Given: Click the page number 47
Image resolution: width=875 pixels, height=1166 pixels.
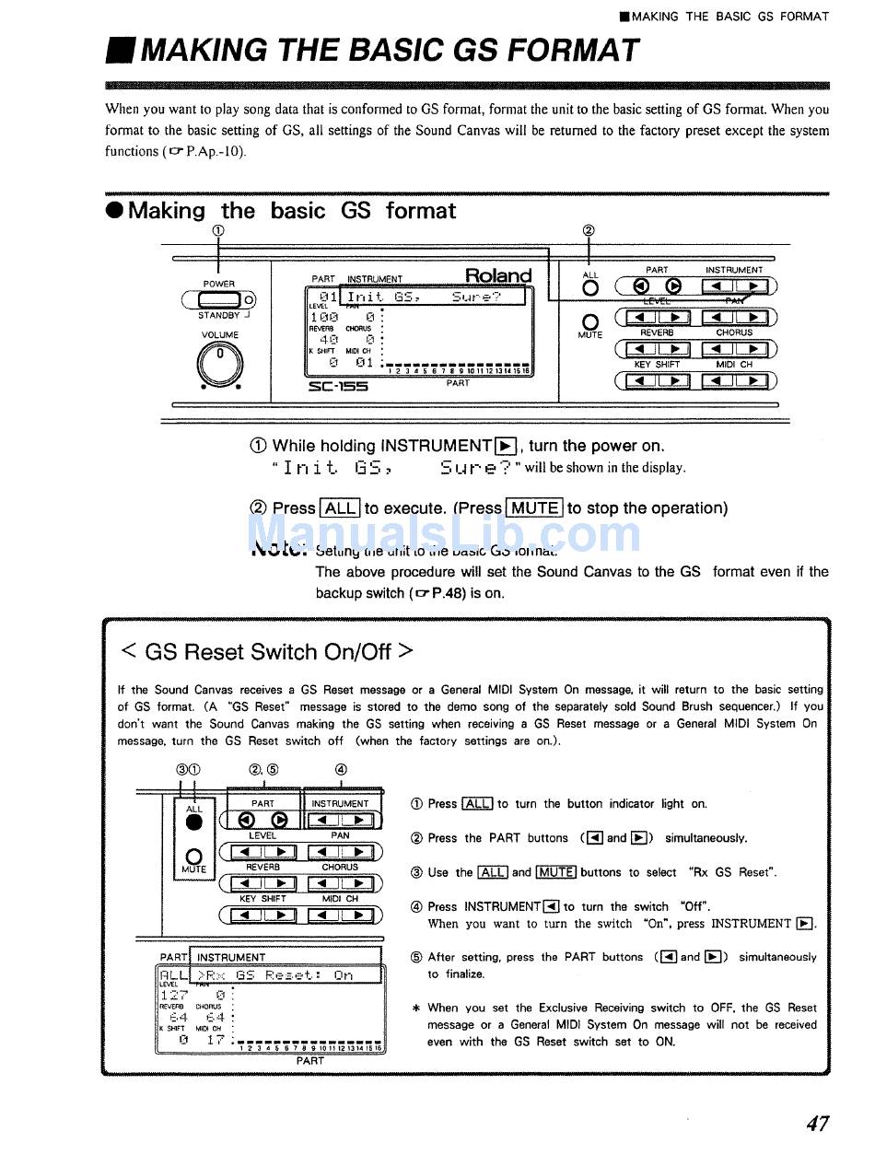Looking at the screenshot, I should (817, 1124).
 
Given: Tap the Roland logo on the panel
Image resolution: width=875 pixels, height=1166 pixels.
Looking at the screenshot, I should (497, 275).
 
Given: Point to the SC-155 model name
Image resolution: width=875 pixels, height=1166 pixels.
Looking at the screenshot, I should (338, 387).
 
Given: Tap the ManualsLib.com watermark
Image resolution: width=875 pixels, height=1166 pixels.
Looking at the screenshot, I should (445, 534).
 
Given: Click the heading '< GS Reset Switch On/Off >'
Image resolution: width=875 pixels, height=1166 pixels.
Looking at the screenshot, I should (267, 652).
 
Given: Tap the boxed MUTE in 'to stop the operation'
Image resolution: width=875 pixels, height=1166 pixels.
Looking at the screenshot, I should (535, 508).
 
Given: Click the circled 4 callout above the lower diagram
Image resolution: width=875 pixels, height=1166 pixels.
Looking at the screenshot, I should (341, 770).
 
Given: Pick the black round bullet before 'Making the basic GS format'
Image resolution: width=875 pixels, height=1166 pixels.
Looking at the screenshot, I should (114, 211).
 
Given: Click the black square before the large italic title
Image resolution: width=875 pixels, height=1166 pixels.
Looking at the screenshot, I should (120, 51).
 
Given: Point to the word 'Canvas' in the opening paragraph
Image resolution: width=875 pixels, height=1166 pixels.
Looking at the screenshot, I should (474, 131).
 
